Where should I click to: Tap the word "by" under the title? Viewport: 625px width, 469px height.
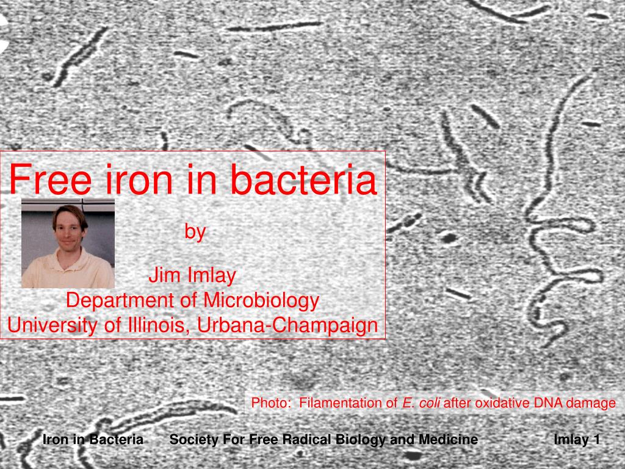(195, 232)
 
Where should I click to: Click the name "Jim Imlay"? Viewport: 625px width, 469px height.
(192, 276)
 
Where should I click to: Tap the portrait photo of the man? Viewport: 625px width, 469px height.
(68, 244)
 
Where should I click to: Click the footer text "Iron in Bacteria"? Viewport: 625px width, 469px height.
(93, 440)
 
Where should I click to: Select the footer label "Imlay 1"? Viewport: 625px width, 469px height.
(577, 440)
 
